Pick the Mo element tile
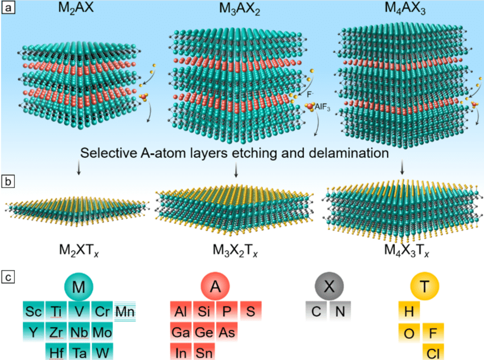tap(102, 332)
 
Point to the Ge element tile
tap(203, 332)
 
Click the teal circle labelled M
tap(79, 288)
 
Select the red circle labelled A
tap(215, 288)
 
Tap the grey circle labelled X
tap(329, 288)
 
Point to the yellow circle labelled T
tap(424, 288)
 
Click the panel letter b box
tap(8, 183)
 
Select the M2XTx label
tap(77, 250)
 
